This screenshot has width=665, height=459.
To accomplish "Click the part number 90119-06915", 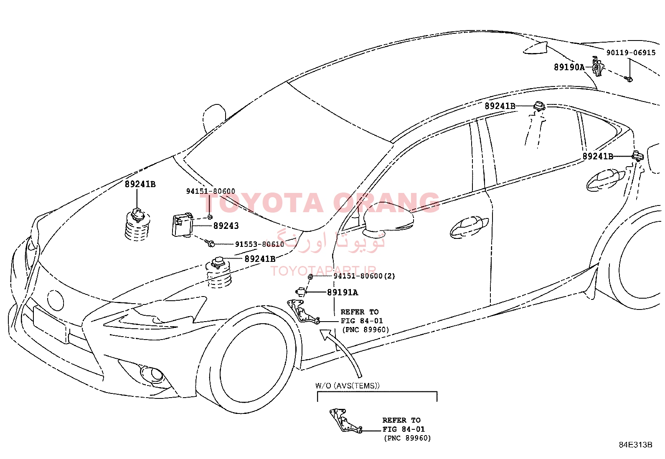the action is (x=631, y=53).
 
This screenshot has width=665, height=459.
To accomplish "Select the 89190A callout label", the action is (x=569, y=67).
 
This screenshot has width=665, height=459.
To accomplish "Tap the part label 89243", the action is (x=226, y=226).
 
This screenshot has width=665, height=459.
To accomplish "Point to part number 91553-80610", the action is (x=259, y=244).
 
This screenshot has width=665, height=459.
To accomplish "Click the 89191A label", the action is (x=343, y=292).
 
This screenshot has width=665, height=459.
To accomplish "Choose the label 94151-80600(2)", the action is (x=364, y=276).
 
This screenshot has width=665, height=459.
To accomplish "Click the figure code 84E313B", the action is (x=636, y=444).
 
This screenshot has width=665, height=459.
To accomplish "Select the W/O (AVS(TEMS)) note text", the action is (x=348, y=385).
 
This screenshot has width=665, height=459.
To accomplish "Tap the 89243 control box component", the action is (x=182, y=225).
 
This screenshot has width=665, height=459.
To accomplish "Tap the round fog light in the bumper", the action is (x=152, y=373).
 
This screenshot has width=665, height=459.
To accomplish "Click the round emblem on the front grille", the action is (x=56, y=300).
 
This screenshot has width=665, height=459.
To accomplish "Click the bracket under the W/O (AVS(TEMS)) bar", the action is (x=345, y=421).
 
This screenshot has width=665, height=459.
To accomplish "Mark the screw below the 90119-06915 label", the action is (x=629, y=79).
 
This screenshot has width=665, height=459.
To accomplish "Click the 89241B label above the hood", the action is (x=140, y=184).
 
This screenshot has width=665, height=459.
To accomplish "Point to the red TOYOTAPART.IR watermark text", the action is (x=323, y=271).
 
